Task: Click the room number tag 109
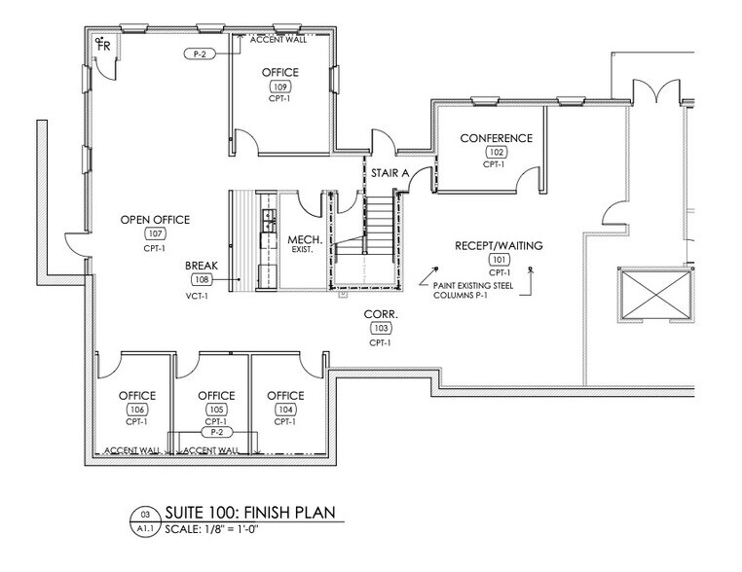coord(280,88)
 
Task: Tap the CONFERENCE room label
coord(497,138)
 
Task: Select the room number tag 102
coord(497,152)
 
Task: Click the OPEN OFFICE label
coord(155,220)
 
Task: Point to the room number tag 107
coord(155,234)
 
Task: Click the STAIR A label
coord(389,172)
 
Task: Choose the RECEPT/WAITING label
coord(499,246)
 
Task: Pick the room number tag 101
coord(499,260)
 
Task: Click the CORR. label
coord(379,316)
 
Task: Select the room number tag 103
coord(379,330)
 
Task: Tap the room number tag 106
coord(136,410)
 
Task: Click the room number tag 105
coord(216,410)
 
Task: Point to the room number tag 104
coord(285,410)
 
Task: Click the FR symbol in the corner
coord(103,45)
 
